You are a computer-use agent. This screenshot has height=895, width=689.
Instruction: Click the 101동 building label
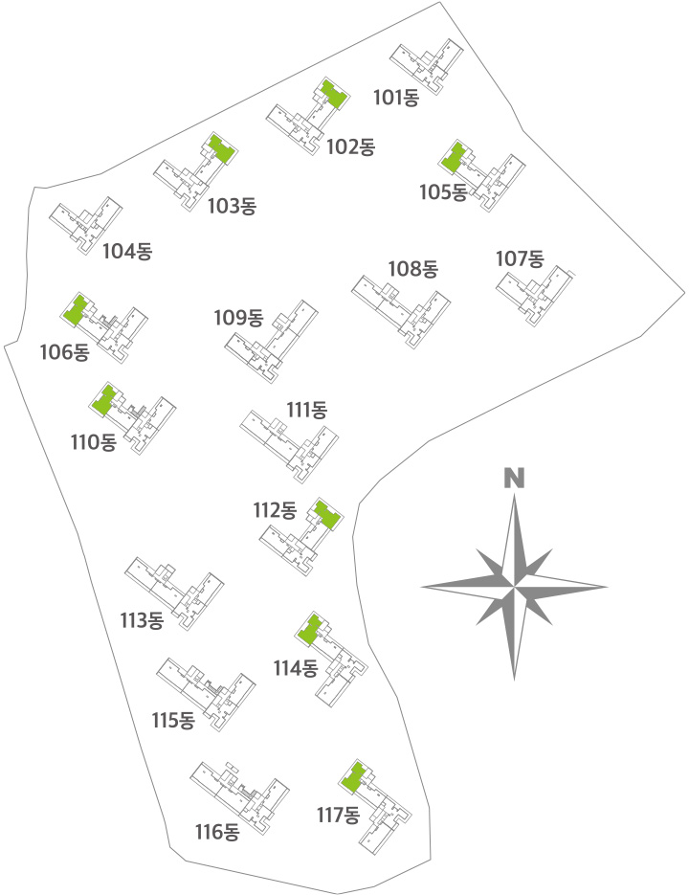pos(396,98)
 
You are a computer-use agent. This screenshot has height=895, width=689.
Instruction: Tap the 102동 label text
pos(350,147)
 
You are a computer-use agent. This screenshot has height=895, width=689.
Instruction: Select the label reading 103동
pos(232,206)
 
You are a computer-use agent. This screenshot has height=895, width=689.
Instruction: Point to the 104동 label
pos(127,251)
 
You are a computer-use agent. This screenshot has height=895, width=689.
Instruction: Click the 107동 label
pos(520,259)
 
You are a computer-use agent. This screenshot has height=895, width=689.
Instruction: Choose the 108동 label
pos(412,269)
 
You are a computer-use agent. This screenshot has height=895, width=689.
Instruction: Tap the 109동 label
pos(238,318)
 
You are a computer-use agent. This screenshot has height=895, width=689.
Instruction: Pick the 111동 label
pos(306,410)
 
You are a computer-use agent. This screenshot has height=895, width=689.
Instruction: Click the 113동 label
pos(143,620)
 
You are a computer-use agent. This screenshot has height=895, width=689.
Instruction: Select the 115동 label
pos(173,721)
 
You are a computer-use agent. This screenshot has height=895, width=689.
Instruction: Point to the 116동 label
pos(217,832)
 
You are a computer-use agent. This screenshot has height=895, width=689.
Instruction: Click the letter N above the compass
pos(514,479)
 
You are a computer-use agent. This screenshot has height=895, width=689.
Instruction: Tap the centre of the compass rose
pos(514,586)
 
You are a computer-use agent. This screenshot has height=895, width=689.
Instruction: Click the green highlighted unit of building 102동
pos(334,94)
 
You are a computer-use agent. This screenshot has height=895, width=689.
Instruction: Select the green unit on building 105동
pos(454,158)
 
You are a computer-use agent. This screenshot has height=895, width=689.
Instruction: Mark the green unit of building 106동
pos(76,310)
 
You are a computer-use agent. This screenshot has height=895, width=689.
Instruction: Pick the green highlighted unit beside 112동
pos(327,514)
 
